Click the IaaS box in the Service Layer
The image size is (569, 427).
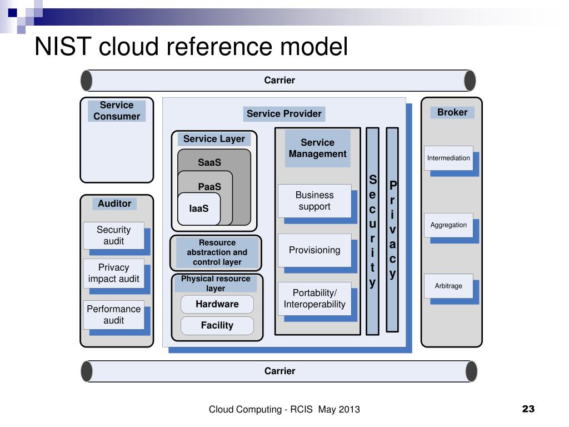pos(199,209)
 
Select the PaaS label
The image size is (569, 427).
pos(209,187)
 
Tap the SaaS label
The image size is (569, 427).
pos(209,162)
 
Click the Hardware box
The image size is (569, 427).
pos(217,304)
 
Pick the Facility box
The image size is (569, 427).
pos(217,325)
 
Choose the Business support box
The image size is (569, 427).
pos(315,201)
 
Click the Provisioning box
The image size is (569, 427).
pos(315,250)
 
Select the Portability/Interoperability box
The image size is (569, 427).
pos(315,299)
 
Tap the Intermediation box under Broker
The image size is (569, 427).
pos(448,158)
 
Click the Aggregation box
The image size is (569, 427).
pos(448,225)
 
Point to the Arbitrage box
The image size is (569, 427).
pos(448,286)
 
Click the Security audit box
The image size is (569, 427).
pos(113,235)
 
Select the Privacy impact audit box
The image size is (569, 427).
pos(113,273)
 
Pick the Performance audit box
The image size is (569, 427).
pos(113,315)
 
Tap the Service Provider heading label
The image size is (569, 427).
pos(284,113)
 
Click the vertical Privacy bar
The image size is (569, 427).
pos(392,230)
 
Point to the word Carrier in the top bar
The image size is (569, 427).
pos(279,80)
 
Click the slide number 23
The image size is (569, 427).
pos(528,409)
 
